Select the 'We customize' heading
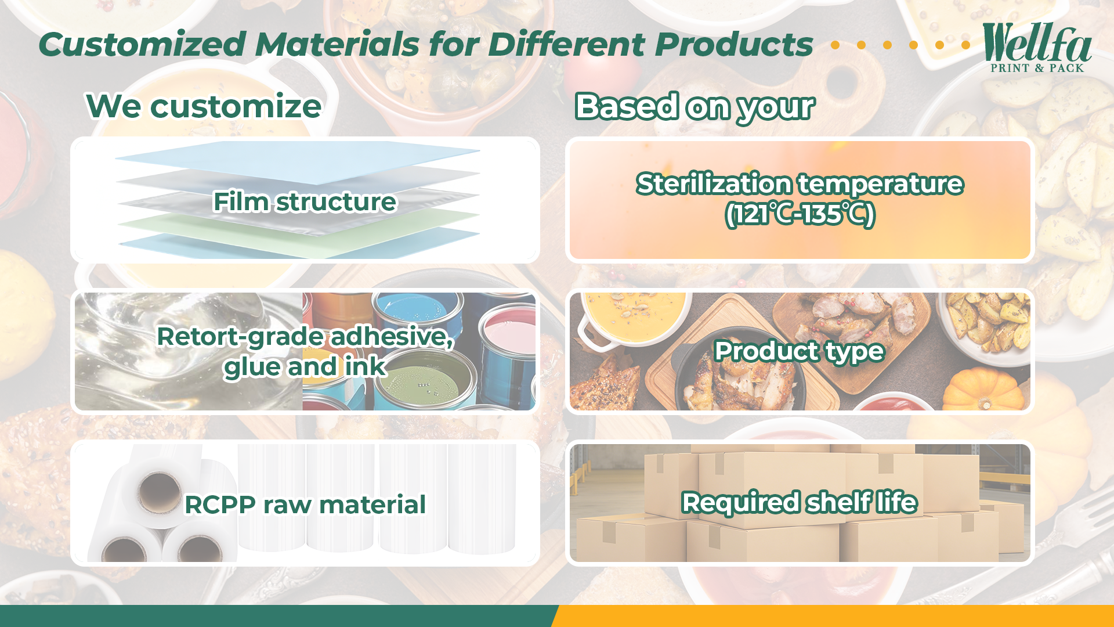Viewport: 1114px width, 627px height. point(204,106)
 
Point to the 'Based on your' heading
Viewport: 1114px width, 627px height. point(695,107)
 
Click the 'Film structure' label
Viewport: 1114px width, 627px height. point(305,202)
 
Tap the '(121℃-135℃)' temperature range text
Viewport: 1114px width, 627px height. point(800,214)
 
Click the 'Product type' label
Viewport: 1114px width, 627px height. point(799,351)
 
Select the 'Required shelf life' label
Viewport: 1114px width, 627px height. point(800,503)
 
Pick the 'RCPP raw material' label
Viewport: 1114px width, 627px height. point(305,505)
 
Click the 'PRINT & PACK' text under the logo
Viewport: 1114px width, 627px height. point(1037,68)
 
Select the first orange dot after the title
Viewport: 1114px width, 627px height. point(835,45)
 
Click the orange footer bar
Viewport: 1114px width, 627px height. point(833,616)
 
